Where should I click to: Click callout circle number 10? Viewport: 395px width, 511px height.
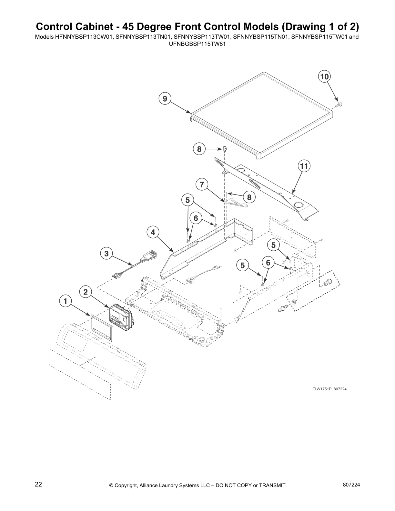pos(324,76)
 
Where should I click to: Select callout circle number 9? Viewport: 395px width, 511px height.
pos(165,98)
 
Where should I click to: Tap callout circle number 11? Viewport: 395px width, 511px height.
pos(304,166)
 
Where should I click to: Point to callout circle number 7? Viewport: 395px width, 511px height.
pos(202,185)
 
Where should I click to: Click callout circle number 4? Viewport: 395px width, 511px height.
pos(153,232)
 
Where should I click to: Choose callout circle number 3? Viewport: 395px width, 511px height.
pos(106,254)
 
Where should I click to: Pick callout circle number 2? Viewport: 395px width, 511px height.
pos(86,292)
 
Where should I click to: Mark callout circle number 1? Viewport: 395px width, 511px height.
pos(66,301)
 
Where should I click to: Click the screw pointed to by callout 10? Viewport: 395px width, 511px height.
pos(339,104)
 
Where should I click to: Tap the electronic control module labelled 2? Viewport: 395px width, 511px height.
pos(121,316)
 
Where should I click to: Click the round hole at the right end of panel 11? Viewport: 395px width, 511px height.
pos(299,205)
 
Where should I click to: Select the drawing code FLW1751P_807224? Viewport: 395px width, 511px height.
pos(329,389)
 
